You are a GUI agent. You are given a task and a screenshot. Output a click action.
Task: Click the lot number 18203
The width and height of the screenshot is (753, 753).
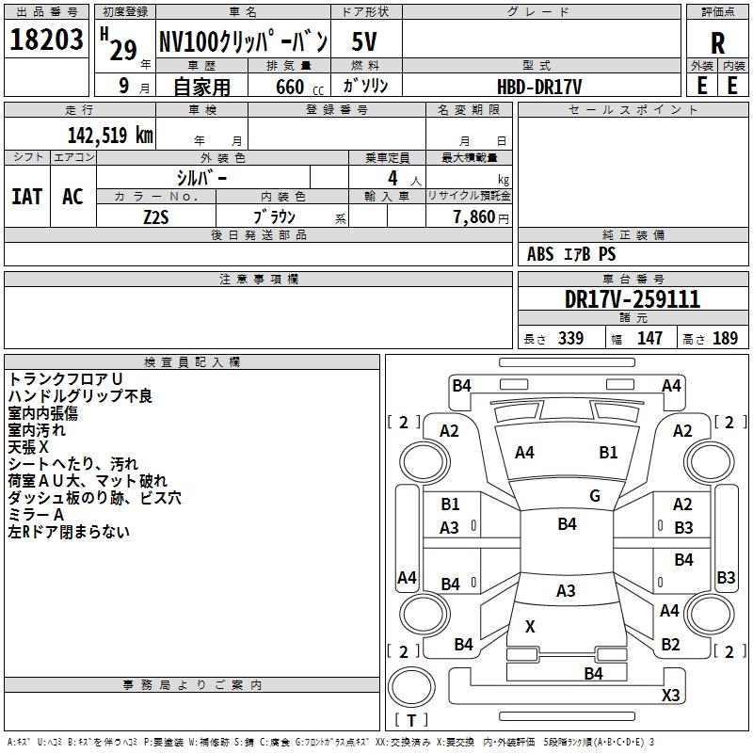click(46, 39)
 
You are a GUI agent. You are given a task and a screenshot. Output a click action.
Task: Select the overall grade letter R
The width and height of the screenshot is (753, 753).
click(717, 43)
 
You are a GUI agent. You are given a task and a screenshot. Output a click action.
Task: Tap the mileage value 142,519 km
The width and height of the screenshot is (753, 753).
click(110, 136)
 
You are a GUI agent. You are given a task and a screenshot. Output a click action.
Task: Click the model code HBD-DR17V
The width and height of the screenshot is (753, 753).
click(539, 87)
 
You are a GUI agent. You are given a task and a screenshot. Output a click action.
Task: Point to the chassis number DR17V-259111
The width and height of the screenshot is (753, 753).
click(633, 299)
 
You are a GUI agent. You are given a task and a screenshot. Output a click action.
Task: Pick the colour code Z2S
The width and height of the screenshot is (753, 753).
click(156, 217)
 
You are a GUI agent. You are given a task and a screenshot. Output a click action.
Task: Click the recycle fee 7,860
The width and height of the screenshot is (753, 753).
click(474, 217)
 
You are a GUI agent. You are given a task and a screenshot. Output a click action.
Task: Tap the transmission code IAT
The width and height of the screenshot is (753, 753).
click(26, 197)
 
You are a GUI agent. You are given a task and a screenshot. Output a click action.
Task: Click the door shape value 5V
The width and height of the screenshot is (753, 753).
click(364, 41)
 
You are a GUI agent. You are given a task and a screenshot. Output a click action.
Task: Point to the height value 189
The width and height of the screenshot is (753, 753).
click(725, 338)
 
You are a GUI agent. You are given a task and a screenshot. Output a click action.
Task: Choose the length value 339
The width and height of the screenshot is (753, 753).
click(570, 338)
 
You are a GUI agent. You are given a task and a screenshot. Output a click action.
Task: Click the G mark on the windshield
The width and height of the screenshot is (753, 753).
click(595, 496)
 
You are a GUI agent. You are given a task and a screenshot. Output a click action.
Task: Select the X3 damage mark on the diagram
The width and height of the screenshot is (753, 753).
click(670, 695)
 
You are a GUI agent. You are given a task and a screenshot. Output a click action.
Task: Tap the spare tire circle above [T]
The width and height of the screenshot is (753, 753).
click(411, 687)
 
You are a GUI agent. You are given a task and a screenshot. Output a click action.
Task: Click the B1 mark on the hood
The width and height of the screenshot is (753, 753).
click(608, 453)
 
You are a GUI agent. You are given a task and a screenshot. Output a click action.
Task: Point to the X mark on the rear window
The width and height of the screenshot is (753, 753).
click(530, 626)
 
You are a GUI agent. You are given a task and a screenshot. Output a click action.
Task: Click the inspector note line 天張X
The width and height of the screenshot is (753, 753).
click(28, 448)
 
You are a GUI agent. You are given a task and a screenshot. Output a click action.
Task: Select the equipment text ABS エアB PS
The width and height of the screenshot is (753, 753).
click(571, 254)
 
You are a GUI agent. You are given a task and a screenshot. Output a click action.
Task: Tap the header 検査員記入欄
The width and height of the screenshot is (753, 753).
click(192, 362)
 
